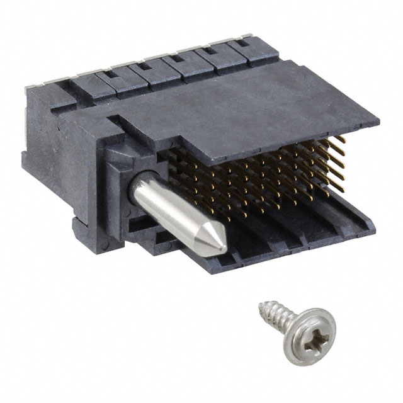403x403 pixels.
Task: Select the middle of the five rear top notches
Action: coord(178,60)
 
